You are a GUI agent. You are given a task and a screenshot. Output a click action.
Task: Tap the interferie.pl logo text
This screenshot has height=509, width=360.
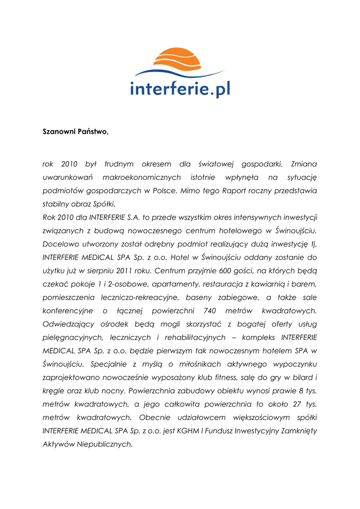tap(180, 88)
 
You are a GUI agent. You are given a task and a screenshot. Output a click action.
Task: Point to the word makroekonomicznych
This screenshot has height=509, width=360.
tap(141, 177)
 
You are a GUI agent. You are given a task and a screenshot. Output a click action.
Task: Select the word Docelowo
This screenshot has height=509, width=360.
tap(60, 244)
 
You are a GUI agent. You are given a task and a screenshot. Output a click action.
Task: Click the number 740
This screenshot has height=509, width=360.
tap(210, 311)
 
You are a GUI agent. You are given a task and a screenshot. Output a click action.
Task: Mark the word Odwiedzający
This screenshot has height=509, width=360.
tap(67, 324)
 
